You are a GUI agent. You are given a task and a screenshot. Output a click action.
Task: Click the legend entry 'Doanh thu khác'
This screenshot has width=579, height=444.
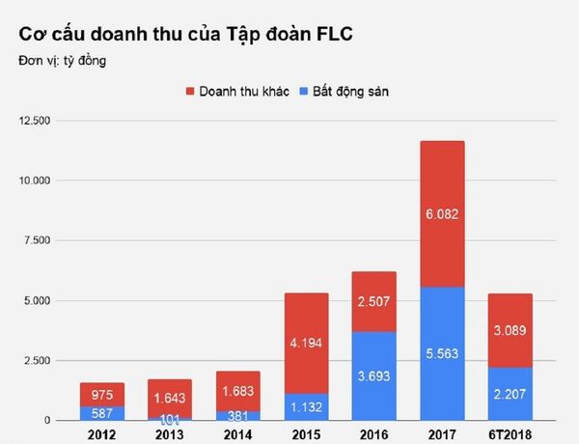point(243,91)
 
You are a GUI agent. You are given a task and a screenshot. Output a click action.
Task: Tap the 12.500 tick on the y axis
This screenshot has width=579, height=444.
point(34,121)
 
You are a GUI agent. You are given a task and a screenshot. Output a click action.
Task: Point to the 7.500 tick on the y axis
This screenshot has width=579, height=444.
point(37,240)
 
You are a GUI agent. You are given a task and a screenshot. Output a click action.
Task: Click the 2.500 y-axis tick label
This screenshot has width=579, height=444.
point(37,360)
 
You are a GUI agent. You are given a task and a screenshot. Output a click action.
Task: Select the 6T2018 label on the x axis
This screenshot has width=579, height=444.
point(510,433)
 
